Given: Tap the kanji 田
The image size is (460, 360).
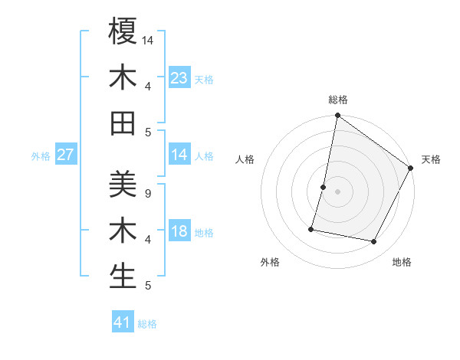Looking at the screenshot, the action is (x=123, y=123).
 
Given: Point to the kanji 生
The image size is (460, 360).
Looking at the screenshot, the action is (x=123, y=276).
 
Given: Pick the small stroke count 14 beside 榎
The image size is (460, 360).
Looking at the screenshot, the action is (x=149, y=39).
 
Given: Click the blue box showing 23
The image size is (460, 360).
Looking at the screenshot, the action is (x=179, y=78).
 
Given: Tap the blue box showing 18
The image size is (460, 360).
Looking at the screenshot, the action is (x=179, y=232).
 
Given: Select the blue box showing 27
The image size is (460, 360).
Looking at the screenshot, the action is (x=66, y=155).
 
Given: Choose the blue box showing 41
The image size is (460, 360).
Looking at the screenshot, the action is (x=123, y=322).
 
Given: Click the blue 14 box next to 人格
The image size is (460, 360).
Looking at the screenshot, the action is (x=179, y=155).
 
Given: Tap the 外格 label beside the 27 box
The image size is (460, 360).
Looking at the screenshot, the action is (x=41, y=156).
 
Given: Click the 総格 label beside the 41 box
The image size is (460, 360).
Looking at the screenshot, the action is (x=147, y=324).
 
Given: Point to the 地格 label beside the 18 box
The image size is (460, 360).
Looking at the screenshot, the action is (x=204, y=233).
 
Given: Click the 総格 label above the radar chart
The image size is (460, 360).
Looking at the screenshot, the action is (x=337, y=100).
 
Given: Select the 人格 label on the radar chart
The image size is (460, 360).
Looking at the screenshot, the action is (x=245, y=159).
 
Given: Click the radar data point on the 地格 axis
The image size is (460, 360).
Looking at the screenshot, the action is (x=374, y=241).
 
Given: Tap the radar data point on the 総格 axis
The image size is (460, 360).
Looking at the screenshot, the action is (x=337, y=116).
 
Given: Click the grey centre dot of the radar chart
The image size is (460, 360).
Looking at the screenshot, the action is (x=337, y=191).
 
